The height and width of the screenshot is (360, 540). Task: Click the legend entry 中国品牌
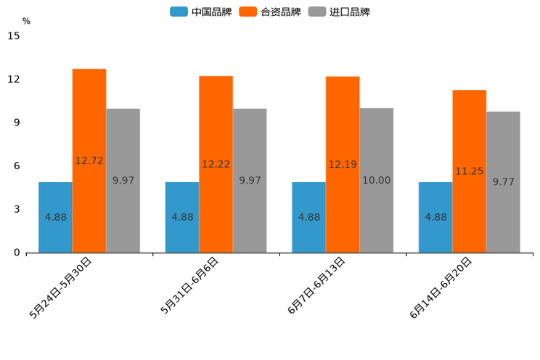(x=201, y=12)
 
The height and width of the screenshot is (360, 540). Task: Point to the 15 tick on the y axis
(x=14, y=36)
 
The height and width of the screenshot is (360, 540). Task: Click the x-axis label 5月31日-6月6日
(x=189, y=285)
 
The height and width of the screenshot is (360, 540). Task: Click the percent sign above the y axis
(x=26, y=21)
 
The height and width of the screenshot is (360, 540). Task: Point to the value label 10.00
(x=376, y=181)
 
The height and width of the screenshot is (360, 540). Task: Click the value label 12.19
(x=343, y=165)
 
